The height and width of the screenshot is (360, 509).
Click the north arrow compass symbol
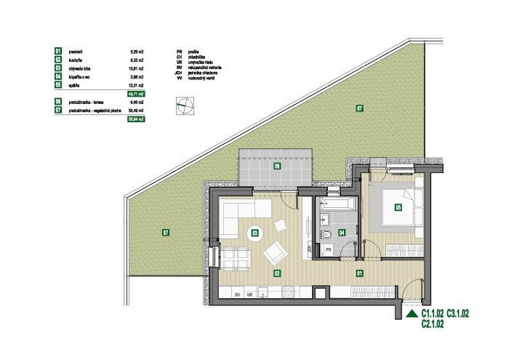(184, 105)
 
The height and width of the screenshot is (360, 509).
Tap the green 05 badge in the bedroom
(398, 207)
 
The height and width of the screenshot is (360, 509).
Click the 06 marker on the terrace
(277, 167)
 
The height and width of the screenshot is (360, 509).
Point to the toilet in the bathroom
(323, 233)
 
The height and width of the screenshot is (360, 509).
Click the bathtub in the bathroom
(337, 203)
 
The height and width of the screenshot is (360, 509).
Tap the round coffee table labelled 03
(254, 233)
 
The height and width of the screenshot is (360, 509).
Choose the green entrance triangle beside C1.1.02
(412, 314)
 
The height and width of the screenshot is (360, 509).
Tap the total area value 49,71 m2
(136, 94)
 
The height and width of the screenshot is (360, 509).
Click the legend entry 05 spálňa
(73, 85)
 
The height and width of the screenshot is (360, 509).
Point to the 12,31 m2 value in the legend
(136, 85)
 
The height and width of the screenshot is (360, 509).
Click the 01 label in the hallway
(359, 273)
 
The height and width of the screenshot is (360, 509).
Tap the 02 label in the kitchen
(277, 273)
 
